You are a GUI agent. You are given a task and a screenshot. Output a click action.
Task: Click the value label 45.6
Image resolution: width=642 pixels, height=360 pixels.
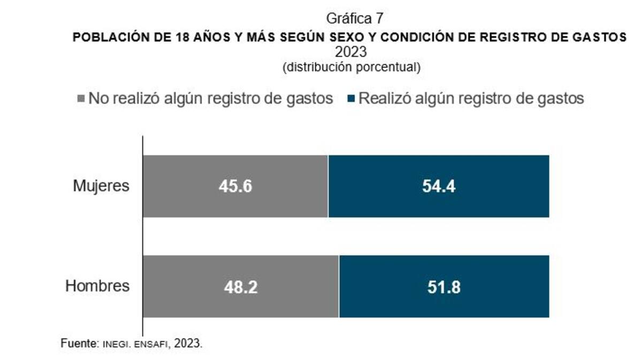tap(235, 186)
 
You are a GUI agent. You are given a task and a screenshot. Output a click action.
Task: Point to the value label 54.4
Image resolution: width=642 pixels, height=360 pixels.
tap(438, 186)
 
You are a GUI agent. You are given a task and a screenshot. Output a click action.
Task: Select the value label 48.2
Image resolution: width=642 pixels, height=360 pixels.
tap(241, 287)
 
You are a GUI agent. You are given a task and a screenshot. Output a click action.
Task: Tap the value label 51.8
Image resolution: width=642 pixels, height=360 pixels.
tap(444, 287)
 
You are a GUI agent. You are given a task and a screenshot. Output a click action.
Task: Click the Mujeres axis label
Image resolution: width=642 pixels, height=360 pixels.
tap(101, 186)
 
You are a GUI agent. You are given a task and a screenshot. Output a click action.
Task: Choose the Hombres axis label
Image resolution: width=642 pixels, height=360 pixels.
tap(97, 286)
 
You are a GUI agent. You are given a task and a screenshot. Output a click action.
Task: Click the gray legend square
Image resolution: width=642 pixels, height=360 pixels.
tap(81, 99)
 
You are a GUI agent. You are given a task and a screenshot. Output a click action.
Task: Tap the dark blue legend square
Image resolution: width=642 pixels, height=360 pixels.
tap(351, 99)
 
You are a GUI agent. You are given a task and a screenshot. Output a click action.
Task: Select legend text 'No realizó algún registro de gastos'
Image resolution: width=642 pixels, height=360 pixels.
tap(211, 99)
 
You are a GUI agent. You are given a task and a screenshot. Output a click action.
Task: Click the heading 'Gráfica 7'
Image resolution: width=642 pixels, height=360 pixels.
tap(355, 18)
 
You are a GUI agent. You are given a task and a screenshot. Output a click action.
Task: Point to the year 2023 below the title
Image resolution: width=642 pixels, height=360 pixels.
tap(351, 52)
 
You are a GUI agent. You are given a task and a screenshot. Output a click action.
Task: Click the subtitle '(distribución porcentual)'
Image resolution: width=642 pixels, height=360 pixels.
tap(351, 67)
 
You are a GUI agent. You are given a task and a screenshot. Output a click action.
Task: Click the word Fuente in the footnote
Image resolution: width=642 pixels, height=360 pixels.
tap(78, 343)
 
